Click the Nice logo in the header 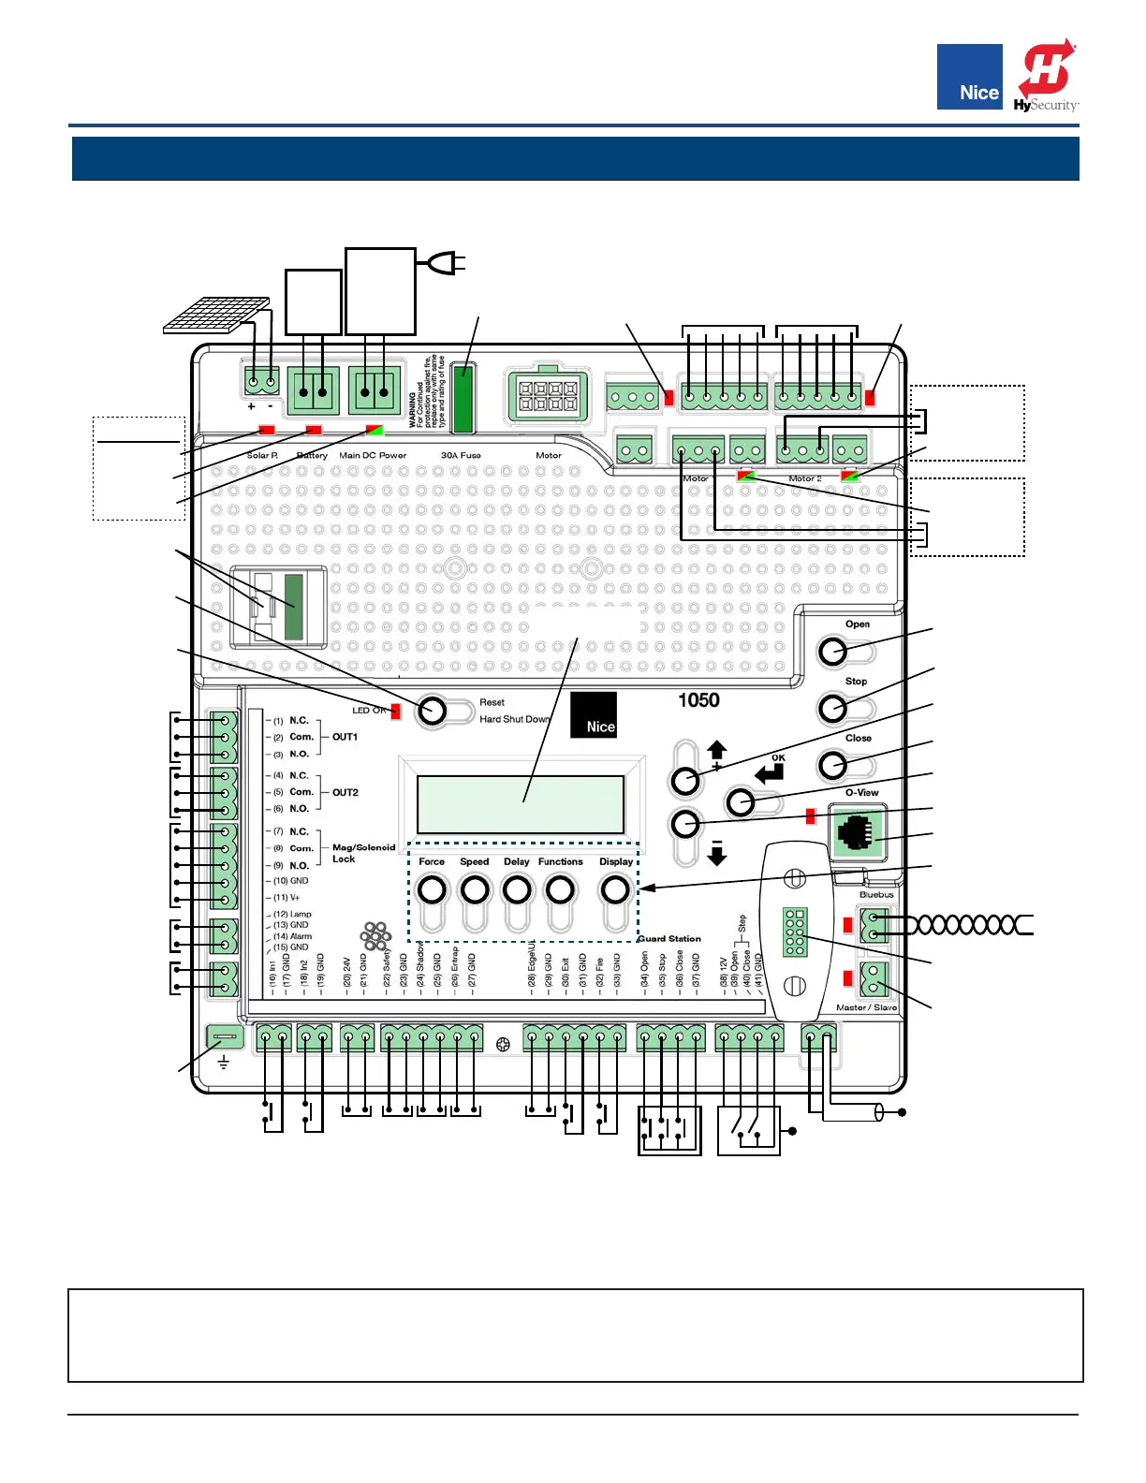click(x=969, y=77)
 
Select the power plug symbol click(x=445, y=264)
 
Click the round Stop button click(x=832, y=708)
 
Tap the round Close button click(x=832, y=765)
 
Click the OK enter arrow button click(x=741, y=801)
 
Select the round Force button click(x=432, y=888)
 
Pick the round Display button click(x=615, y=888)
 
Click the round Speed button click(x=475, y=888)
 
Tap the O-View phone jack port click(x=857, y=831)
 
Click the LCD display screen click(x=521, y=803)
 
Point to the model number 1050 click(x=698, y=700)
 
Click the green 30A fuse click(x=463, y=398)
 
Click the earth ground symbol click(x=224, y=1063)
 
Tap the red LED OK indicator click(x=395, y=711)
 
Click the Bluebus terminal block click(x=874, y=925)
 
